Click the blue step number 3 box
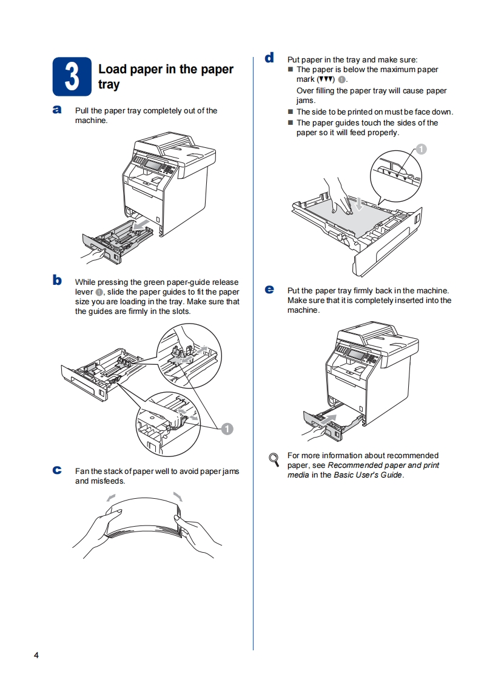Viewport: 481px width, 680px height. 72,77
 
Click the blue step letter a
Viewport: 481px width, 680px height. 57,110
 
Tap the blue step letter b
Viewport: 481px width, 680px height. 57,280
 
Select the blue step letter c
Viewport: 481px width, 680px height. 57,470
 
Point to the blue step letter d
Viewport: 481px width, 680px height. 269,58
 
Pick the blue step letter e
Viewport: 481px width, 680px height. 269,289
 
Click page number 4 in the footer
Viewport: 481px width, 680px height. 36,656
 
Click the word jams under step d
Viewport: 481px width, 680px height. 306,101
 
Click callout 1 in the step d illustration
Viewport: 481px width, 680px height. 422,149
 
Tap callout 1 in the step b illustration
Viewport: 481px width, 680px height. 227,428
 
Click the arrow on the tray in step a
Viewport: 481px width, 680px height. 141,225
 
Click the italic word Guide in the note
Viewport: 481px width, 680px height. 390,475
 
